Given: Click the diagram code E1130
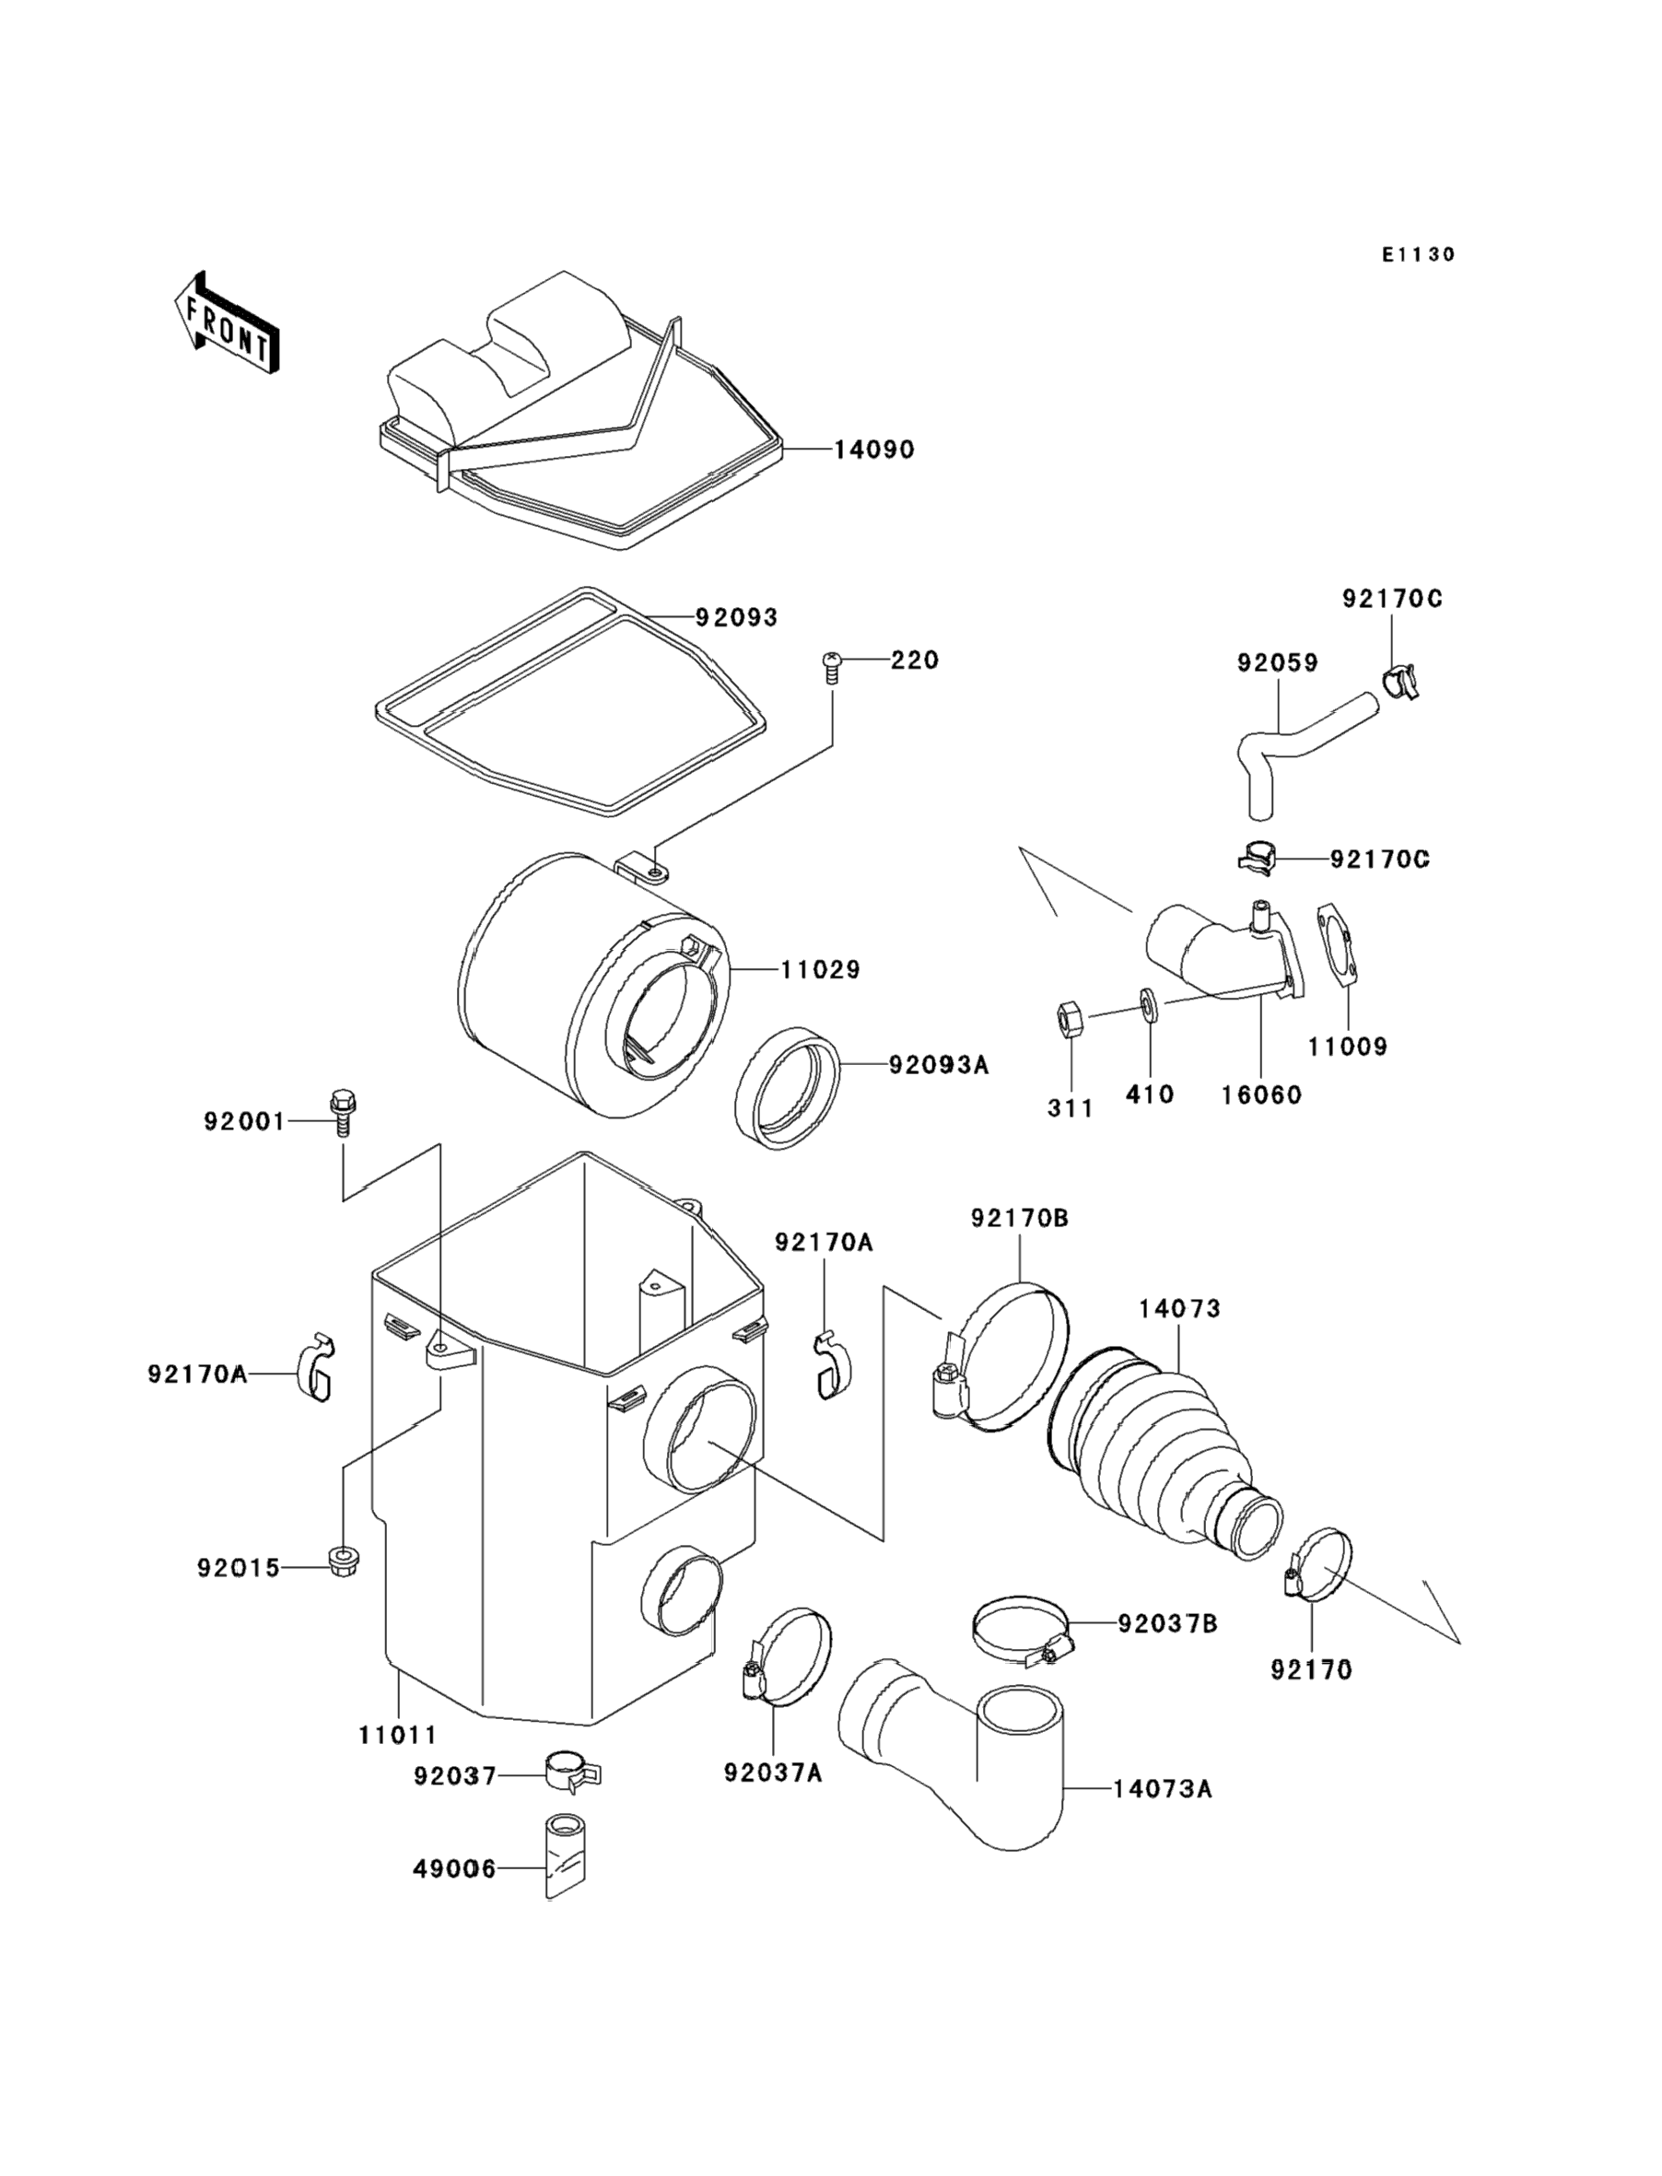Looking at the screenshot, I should pos(1419,255).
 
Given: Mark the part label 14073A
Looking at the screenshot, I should pos(1163,1789).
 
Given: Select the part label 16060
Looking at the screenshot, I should pos(1261,1095).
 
